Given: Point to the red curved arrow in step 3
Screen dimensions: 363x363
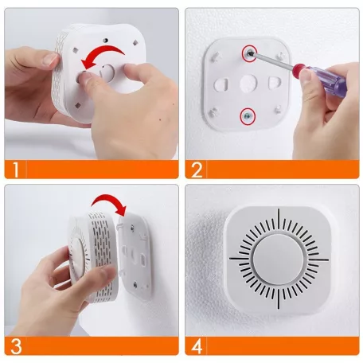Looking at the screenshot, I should (x=107, y=203).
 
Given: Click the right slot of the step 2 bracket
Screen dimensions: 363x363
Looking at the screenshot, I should (x=275, y=84).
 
